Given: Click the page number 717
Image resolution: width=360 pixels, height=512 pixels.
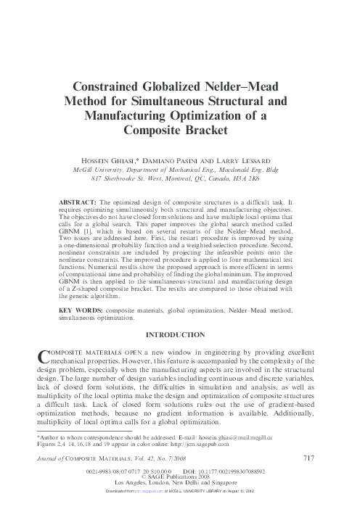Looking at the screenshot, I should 307,458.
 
